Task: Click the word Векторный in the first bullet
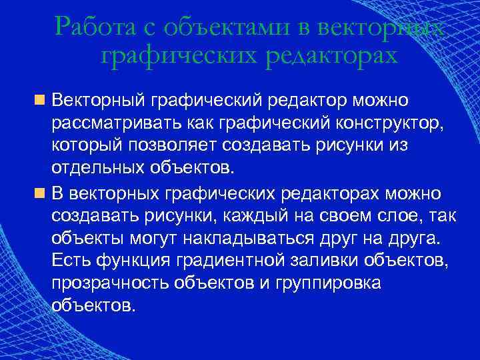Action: coord(99,101)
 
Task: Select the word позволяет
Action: coord(171,145)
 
